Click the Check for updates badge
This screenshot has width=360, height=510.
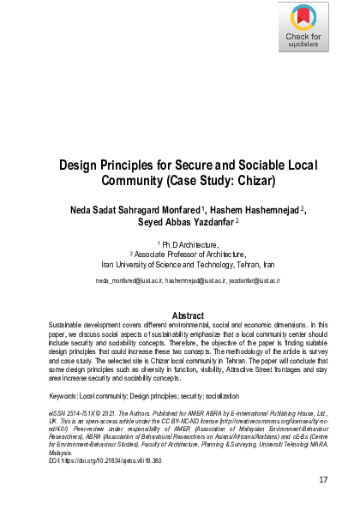303,29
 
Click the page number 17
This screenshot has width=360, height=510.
324,479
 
